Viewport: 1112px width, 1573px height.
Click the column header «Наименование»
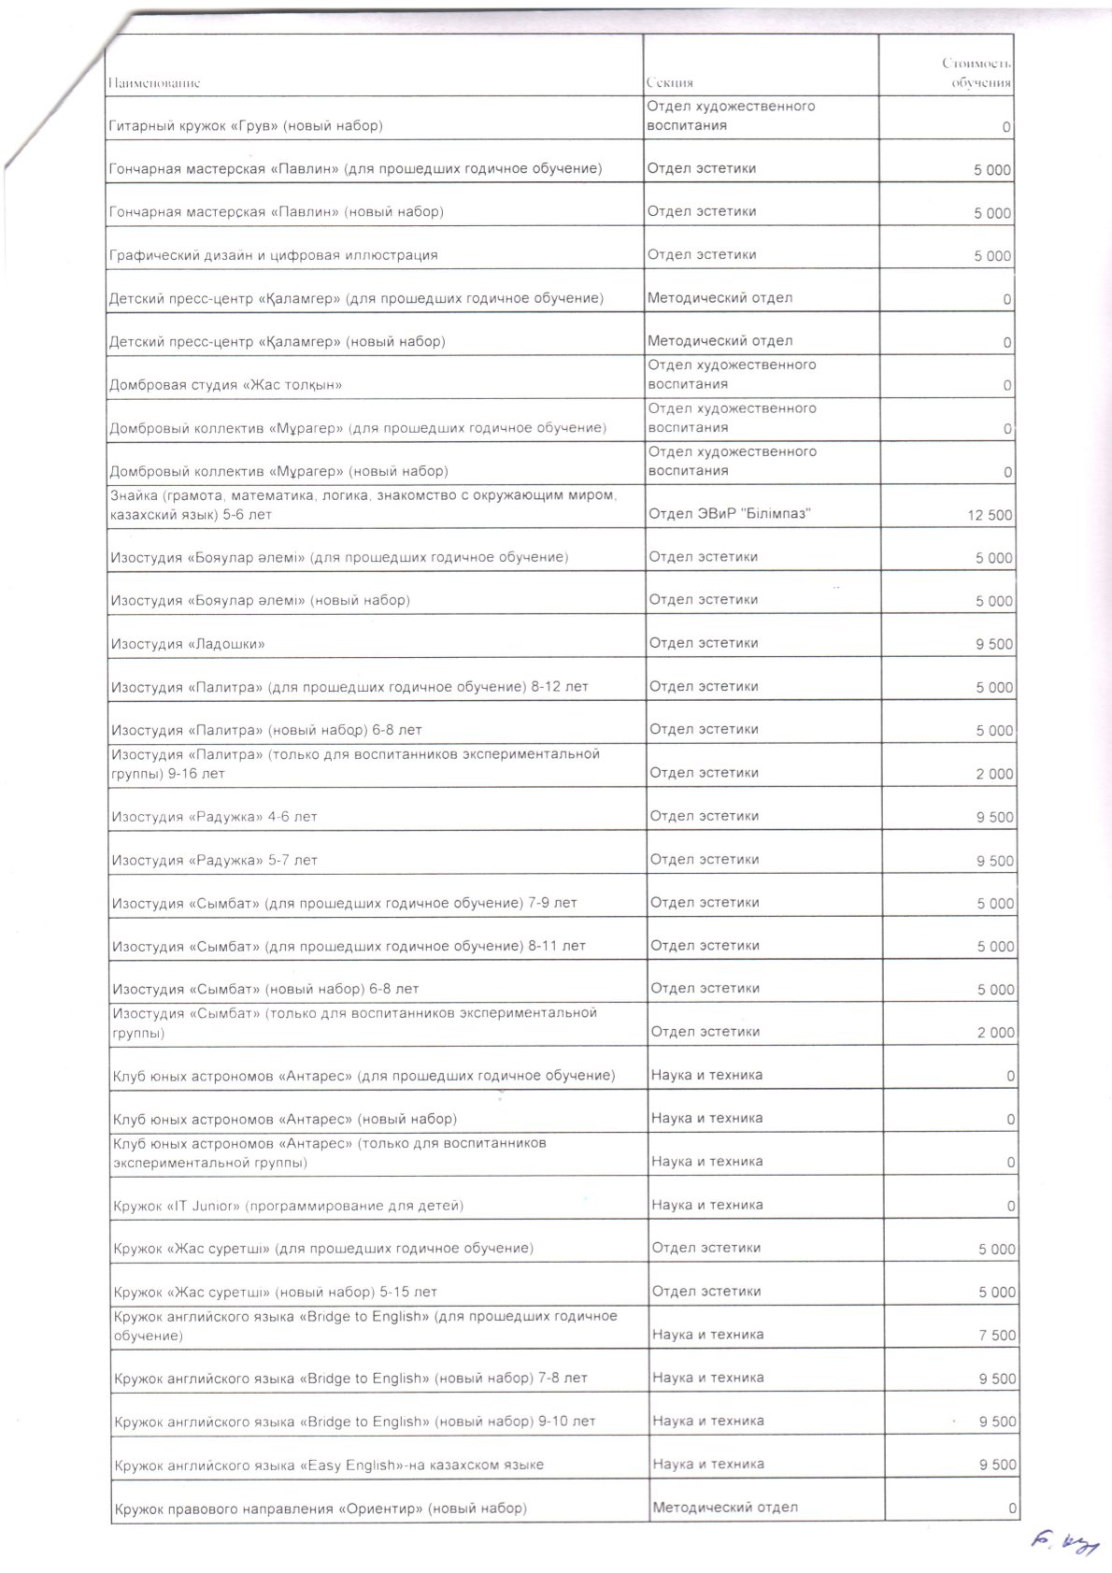pos(154,83)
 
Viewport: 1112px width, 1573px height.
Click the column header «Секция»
pos(669,83)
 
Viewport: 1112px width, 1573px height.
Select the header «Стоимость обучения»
pos(976,73)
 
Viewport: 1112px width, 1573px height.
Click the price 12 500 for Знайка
pos(990,515)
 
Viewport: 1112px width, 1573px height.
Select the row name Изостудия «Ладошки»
pos(188,644)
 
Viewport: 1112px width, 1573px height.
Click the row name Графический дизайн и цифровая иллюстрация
pos(274,255)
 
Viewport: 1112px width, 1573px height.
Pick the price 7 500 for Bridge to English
pos(997,1336)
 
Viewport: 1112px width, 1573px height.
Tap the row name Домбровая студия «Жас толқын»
pos(226,385)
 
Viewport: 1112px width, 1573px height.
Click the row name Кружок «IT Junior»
pos(288,1206)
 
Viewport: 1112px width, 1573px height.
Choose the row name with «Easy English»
pos(328,1465)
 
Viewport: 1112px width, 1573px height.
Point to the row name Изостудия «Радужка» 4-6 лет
pos(214,817)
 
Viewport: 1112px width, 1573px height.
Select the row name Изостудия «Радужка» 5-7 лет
pos(214,860)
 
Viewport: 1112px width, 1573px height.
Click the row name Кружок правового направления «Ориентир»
pos(320,1509)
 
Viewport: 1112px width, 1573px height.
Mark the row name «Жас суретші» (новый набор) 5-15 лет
pos(275,1293)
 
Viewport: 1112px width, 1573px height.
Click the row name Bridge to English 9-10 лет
pos(354,1422)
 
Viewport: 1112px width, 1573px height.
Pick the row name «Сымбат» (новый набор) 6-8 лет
pos(265,989)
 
